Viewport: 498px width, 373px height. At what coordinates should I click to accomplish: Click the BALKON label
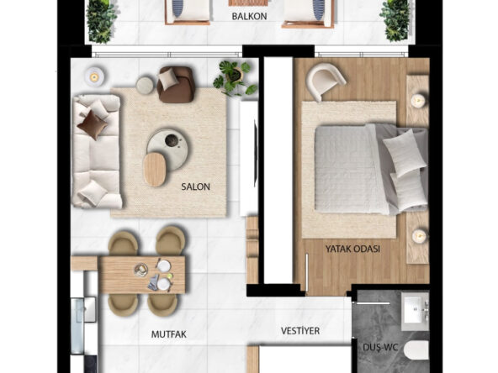click(x=249, y=16)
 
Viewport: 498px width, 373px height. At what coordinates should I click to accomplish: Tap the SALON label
click(x=196, y=186)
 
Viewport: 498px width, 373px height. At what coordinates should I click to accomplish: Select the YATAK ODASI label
click(x=352, y=249)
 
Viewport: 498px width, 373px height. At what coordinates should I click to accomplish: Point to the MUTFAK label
click(x=168, y=334)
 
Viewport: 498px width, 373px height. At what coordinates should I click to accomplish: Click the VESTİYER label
click(x=300, y=331)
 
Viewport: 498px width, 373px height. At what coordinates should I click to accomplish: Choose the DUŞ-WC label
click(x=380, y=347)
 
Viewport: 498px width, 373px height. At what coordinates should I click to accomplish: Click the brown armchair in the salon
click(x=176, y=84)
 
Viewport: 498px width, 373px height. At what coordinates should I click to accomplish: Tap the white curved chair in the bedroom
click(x=325, y=81)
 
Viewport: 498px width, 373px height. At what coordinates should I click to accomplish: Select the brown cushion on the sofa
click(x=92, y=124)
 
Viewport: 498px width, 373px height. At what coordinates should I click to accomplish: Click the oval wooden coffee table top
click(x=154, y=170)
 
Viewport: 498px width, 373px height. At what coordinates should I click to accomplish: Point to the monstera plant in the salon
click(x=235, y=77)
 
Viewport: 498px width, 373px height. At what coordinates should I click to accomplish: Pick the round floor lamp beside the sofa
click(x=94, y=76)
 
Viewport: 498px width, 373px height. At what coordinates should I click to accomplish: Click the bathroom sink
click(x=415, y=311)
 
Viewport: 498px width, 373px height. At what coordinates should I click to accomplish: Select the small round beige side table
click(x=145, y=86)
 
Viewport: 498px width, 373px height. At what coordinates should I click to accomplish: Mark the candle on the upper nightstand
click(x=418, y=101)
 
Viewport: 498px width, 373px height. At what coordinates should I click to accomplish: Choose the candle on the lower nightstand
click(x=418, y=236)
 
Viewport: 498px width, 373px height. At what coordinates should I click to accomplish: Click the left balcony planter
click(x=101, y=21)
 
